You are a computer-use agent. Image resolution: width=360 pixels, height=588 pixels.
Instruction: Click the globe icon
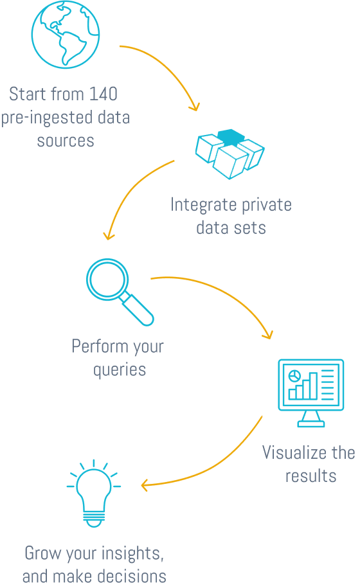pyautogui.click(x=66, y=33)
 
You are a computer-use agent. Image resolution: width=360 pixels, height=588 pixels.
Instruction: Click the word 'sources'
pyautogui.click(x=66, y=141)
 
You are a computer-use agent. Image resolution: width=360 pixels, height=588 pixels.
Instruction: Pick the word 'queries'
pyautogui.click(x=120, y=370)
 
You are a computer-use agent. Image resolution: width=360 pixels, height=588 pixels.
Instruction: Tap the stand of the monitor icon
pyautogui.click(x=310, y=419)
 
